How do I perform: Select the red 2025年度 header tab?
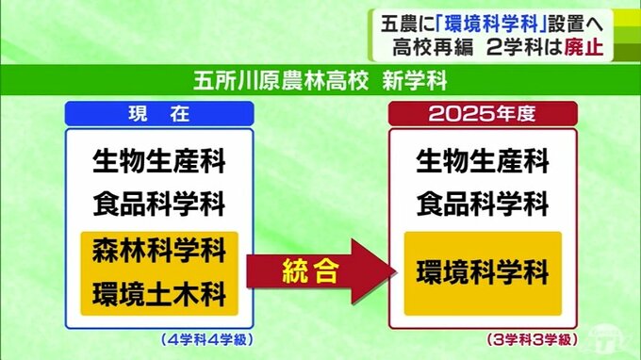point(482,113)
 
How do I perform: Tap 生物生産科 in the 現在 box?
point(158,161)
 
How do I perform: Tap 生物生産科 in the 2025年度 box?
point(482,161)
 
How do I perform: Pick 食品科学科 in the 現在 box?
point(158,204)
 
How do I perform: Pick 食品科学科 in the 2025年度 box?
point(482,204)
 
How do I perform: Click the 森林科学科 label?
point(158,252)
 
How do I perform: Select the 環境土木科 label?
point(158,294)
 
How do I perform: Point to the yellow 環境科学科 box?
point(482,273)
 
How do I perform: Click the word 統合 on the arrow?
point(311,272)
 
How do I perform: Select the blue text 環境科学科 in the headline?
point(482,18)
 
